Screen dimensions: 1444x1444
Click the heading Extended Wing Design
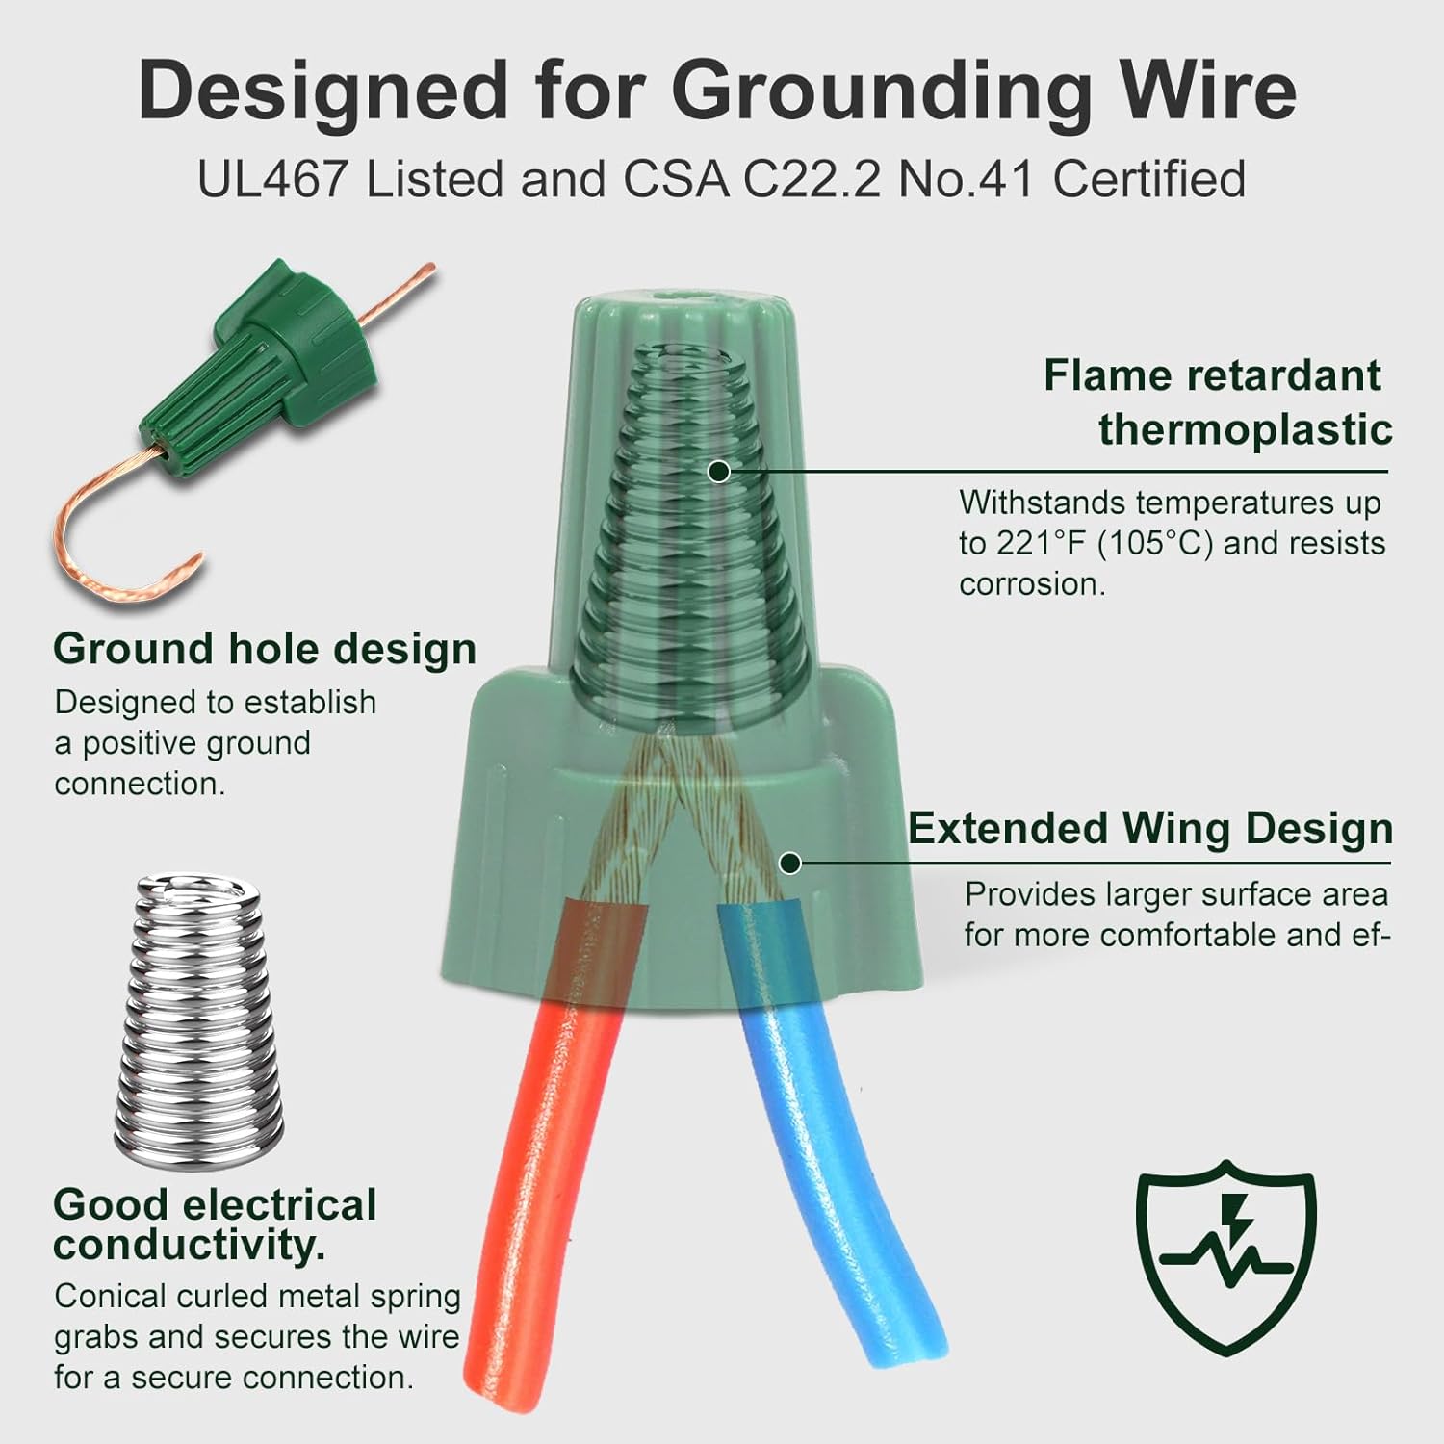click(1150, 829)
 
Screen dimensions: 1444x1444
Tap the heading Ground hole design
click(265, 649)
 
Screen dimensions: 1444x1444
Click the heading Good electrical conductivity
click(215, 1225)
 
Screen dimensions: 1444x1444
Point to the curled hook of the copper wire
click(106, 558)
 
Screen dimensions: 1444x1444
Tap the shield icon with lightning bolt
click(1225, 1255)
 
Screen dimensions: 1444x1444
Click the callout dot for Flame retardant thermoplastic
click(717, 472)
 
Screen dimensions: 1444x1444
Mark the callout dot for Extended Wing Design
click(790, 863)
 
